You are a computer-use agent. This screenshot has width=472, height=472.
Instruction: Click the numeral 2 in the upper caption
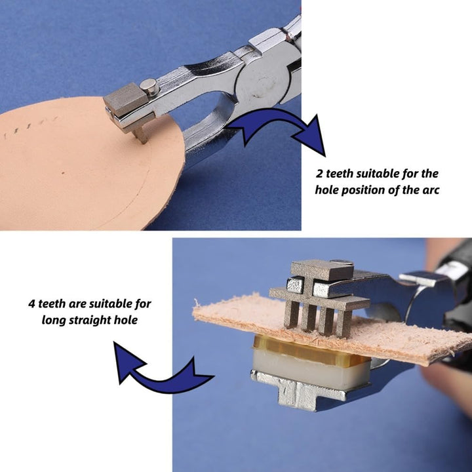click(320, 174)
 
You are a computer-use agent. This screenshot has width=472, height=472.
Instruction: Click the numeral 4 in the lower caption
click(32, 304)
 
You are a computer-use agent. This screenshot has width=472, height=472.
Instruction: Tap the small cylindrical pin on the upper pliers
click(149, 87)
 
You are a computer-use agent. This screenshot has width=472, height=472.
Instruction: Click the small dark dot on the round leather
click(63, 173)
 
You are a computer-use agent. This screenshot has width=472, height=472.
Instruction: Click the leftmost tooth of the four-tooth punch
click(291, 314)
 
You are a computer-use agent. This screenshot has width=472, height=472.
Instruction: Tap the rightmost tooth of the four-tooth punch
click(344, 323)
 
